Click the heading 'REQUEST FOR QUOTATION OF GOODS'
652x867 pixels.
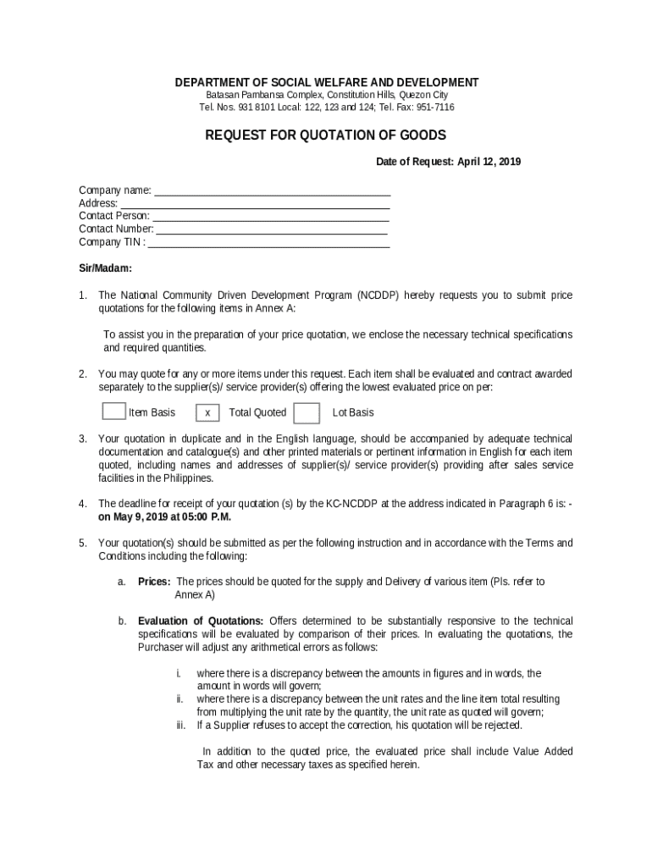326,135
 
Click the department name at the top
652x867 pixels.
326,82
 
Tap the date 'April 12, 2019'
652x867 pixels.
489,162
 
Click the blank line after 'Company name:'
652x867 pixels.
272,191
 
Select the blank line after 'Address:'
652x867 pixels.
255,203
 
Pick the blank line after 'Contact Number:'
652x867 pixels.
272,229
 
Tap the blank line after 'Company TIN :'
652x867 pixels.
268,242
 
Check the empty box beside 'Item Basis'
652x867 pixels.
113,411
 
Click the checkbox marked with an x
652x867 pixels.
207,413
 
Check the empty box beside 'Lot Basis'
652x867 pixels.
307,412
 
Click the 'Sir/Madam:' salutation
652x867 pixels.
105,268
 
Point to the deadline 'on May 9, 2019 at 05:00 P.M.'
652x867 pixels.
164,516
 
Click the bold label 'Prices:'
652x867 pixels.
154,582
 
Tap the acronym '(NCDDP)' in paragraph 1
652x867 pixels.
378,295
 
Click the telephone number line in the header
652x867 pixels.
326,108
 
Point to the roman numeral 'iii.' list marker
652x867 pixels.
180,726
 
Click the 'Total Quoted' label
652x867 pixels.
257,412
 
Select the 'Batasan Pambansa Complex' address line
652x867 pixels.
326,95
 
